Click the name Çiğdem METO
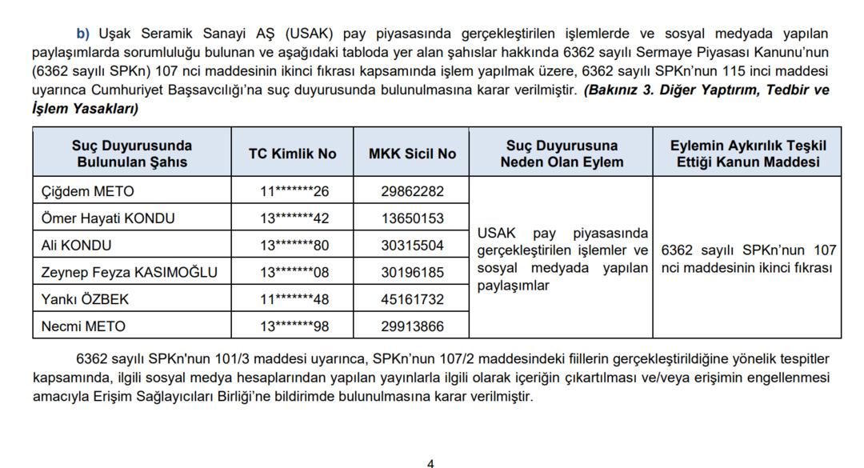pyautogui.click(x=88, y=191)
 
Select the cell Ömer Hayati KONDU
pyautogui.click(x=108, y=218)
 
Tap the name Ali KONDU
pyautogui.click(x=76, y=246)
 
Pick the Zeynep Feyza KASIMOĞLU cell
pyautogui.click(x=129, y=273)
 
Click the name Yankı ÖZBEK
pyautogui.click(x=85, y=300)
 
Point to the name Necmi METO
pyautogui.click(x=83, y=326)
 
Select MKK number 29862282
pyautogui.click(x=412, y=191)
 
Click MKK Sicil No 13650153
pyautogui.click(x=412, y=218)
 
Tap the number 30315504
pyautogui.click(x=412, y=246)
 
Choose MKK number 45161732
pyautogui.click(x=412, y=300)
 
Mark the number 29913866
pyautogui.click(x=412, y=326)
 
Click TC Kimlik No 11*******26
pyautogui.click(x=294, y=191)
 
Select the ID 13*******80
pyautogui.click(x=294, y=246)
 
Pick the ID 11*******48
pyautogui.click(x=294, y=300)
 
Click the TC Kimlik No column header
pyautogui.click(x=294, y=154)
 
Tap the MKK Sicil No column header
pyautogui.click(x=412, y=154)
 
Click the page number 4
pyautogui.click(x=430, y=462)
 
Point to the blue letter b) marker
pyautogui.click(x=83, y=34)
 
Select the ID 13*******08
pyautogui.click(x=294, y=273)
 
